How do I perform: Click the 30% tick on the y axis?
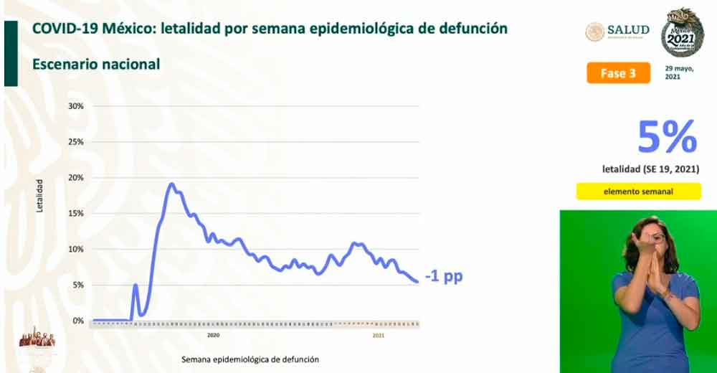[x=77, y=106]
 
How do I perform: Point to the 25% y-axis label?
[x=77, y=142]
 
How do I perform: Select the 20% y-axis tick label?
[x=77, y=178]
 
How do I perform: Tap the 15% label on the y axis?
[x=77, y=214]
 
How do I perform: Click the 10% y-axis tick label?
[x=77, y=250]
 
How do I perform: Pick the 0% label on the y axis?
[x=78, y=321]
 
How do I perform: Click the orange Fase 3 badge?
[x=618, y=73]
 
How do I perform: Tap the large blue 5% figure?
[x=667, y=136]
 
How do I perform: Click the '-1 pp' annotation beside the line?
[x=443, y=276]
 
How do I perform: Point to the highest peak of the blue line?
[x=171, y=184]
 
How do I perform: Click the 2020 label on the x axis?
[x=213, y=335]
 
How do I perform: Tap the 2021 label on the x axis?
[x=379, y=335]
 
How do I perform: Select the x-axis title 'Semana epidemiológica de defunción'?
[x=250, y=359]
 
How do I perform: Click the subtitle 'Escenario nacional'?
[x=96, y=64]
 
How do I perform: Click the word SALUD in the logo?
[x=628, y=30]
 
